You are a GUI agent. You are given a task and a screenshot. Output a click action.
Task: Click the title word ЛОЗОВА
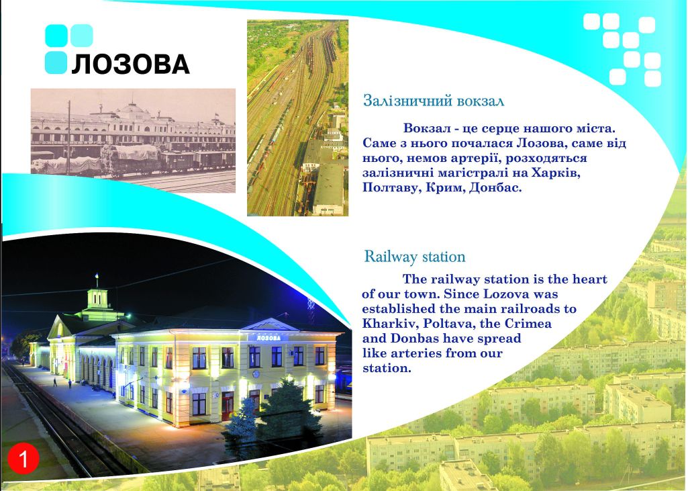point(130,64)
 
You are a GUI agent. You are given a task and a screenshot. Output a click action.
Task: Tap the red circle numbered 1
point(23,459)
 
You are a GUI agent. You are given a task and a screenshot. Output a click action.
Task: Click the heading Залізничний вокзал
point(434,101)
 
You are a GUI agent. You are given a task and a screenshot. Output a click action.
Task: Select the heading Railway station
point(415,257)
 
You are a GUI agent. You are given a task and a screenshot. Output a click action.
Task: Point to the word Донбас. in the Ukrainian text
point(495,188)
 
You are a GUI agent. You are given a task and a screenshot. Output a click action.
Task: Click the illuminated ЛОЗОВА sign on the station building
point(268,338)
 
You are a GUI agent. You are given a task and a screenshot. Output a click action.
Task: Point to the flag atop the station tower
point(97,277)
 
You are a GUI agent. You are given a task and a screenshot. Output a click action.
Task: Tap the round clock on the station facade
point(256,374)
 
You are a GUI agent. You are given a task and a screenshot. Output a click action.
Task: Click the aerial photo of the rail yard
point(297,118)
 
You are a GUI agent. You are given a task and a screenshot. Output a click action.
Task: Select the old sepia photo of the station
point(133,140)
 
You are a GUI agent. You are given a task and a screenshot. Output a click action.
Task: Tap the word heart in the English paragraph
point(586,279)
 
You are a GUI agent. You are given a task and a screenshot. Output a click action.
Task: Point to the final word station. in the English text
point(387,369)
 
